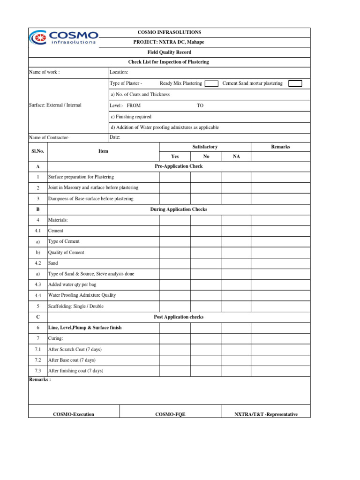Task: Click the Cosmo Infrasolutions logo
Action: [64, 37]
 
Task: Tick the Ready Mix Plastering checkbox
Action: [211, 83]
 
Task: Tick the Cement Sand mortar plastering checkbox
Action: [295, 83]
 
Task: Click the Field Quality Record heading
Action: [169, 52]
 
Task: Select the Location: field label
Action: [119, 72]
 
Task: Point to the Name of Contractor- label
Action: [49, 138]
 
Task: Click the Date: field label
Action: [115, 137]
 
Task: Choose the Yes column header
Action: [175, 157]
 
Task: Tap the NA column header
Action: [236, 157]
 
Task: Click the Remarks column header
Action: [280, 147]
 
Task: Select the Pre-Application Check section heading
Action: [179, 166]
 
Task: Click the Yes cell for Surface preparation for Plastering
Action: [175, 177]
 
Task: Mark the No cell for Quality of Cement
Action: [206, 253]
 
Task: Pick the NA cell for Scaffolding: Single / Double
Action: [236, 307]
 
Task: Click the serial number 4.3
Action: [38, 285]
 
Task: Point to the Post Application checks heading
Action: [179, 317]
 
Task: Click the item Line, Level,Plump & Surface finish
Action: [85, 328]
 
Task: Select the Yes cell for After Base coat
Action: [175, 360]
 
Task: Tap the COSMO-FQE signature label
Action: [170, 414]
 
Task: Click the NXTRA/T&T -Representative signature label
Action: [266, 414]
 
